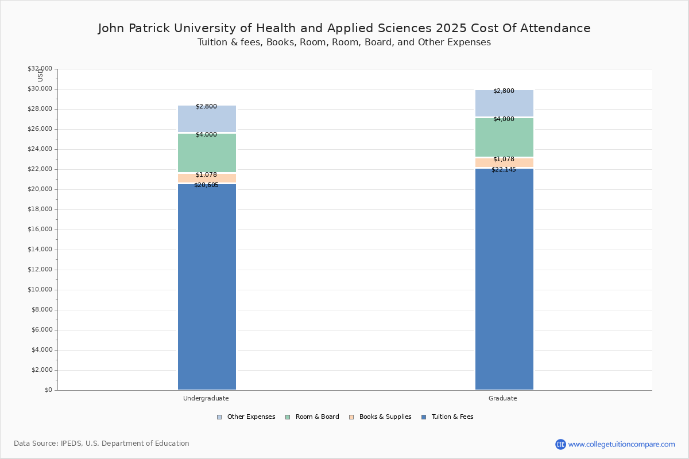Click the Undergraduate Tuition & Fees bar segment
point(207,287)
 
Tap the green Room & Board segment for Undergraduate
point(207,153)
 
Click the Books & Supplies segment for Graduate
point(504,163)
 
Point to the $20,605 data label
point(206,185)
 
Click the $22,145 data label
point(504,170)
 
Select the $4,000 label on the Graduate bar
point(504,119)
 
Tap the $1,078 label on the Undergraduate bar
point(206,175)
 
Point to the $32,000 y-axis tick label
point(40,69)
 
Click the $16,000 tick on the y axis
point(40,229)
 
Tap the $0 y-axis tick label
point(48,390)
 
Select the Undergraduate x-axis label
point(206,398)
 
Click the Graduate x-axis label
point(503,398)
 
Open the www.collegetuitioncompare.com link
point(621,444)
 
